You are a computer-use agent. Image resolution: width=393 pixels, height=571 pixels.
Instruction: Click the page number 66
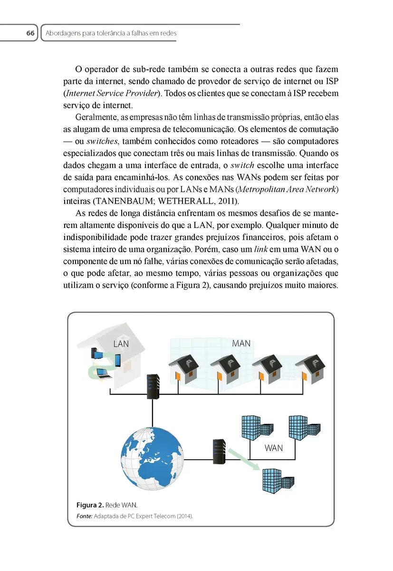coord(30,33)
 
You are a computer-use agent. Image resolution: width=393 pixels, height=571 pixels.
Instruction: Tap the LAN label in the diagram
coord(121,343)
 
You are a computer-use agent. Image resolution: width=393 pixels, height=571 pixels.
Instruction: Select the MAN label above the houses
coord(241,343)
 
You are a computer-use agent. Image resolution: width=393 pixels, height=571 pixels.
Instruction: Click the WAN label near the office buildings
coord(273,448)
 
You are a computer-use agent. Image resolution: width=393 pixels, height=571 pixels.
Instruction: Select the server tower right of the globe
coord(218,453)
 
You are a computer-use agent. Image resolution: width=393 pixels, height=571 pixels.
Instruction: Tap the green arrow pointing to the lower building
coord(245,459)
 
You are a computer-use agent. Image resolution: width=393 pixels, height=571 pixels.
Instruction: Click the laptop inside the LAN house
coord(104,373)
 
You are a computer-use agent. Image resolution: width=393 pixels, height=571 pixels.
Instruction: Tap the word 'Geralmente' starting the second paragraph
coord(98,117)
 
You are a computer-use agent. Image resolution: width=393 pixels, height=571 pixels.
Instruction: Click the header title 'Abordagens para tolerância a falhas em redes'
coord(110,33)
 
